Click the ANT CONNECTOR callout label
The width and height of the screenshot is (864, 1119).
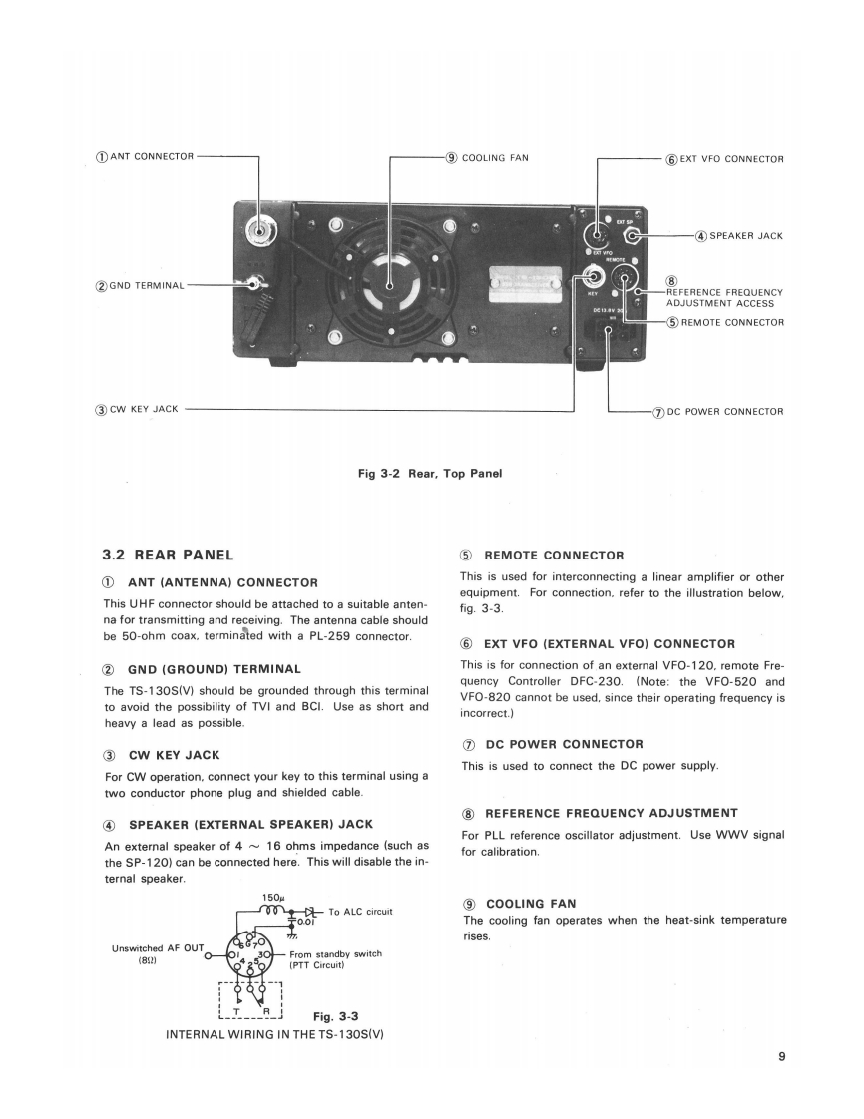pos(145,156)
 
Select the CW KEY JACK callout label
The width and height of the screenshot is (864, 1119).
pos(137,409)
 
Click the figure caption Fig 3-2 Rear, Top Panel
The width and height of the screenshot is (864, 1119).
pos(430,473)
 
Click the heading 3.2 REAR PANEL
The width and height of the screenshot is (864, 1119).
pos(169,555)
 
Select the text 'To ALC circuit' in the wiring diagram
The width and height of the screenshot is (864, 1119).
pos(360,911)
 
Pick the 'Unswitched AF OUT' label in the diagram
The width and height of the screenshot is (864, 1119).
pos(159,947)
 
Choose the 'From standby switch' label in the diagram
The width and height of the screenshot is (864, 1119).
pos(336,953)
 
